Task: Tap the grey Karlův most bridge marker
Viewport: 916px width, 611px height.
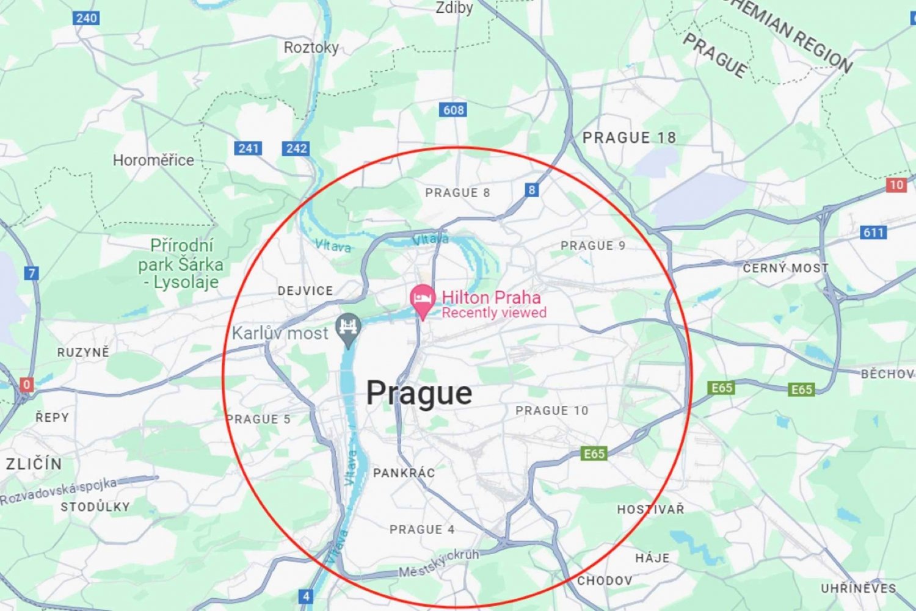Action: [349, 328]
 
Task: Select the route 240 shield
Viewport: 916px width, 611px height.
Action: [86, 18]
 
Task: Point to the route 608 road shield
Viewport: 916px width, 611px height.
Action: [453, 110]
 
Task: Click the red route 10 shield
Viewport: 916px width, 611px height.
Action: [896, 185]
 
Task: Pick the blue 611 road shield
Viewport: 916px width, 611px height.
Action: [873, 232]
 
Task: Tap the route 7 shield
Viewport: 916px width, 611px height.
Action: [32, 273]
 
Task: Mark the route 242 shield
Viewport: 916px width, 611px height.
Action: [296, 148]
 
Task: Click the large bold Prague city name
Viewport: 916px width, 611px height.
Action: [419, 393]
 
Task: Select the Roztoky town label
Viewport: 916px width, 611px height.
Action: [311, 48]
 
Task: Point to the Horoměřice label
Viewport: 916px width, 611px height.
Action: [153, 161]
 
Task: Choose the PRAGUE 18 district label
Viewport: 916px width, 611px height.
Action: [629, 138]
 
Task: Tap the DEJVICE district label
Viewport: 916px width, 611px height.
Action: [305, 291]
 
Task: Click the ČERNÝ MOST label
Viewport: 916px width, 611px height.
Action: [785, 268]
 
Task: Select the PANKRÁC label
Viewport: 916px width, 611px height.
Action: [404, 473]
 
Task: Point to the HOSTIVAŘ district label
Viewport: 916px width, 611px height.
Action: [650, 509]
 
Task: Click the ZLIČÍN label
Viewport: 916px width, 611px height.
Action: [34, 464]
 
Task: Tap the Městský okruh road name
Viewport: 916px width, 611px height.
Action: [438, 563]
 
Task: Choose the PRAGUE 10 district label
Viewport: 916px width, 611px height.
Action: [552, 411]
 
